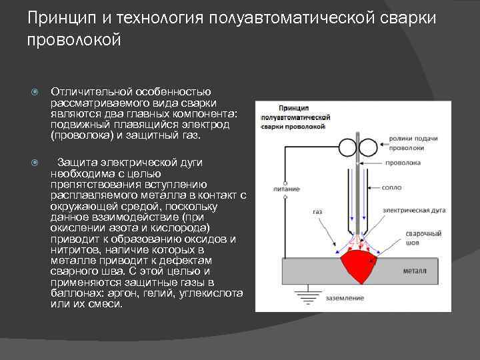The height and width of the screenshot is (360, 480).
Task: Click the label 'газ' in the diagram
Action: pos(317,211)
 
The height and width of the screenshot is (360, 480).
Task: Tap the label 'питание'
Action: pos(286,189)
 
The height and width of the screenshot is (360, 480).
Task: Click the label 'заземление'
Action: pos(345,297)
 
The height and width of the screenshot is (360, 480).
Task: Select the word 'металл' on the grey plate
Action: pos(414,271)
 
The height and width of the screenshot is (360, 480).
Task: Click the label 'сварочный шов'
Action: pos(424,239)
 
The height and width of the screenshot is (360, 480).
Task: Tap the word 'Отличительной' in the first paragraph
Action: pos(92,91)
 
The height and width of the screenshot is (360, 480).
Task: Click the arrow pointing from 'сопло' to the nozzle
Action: pos(373,188)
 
